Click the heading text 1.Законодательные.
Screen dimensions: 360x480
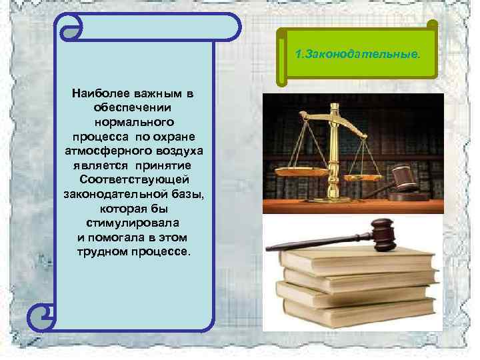(357, 53)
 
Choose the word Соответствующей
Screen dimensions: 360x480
(135, 180)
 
